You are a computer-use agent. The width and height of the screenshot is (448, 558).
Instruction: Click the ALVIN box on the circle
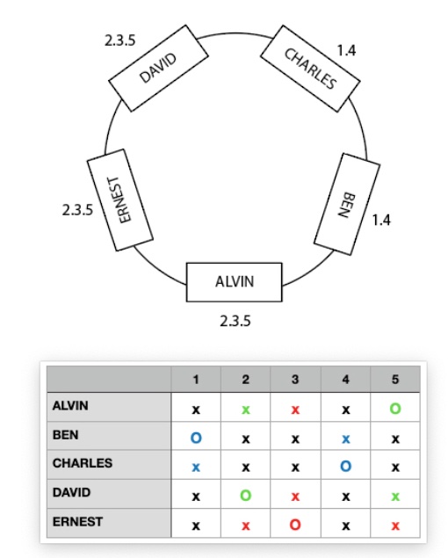click(x=235, y=282)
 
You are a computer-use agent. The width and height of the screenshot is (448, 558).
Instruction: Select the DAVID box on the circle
click(x=158, y=69)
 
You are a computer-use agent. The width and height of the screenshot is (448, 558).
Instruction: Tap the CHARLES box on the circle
click(x=310, y=69)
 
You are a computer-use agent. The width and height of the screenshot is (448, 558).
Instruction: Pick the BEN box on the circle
click(x=347, y=204)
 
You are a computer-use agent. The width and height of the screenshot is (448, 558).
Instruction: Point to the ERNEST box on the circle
click(x=120, y=200)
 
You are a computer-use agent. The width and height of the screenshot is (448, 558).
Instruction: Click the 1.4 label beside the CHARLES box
click(x=346, y=51)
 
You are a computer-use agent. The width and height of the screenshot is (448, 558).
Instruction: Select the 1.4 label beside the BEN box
click(x=381, y=221)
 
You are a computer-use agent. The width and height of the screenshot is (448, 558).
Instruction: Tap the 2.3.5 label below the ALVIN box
click(x=235, y=321)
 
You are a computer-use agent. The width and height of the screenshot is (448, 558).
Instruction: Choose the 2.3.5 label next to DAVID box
click(x=120, y=40)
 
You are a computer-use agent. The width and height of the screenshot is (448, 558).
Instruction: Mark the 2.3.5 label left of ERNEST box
click(x=77, y=210)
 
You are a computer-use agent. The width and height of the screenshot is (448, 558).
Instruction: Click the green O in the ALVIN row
click(x=395, y=409)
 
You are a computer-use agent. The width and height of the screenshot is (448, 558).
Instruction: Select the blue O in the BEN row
click(x=196, y=438)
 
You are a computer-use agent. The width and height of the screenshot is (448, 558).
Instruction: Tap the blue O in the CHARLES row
click(x=345, y=467)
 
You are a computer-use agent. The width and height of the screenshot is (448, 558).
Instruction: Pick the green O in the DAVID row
click(x=246, y=496)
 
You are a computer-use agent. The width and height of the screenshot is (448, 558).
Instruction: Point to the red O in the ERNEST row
click(x=295, y=525)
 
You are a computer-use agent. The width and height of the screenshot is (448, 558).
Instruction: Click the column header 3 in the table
click(x=295, y=380)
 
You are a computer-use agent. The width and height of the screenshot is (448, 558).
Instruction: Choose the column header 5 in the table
click(x=395, y=380)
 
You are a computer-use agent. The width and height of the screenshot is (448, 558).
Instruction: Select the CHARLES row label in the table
click(x=83, y=463)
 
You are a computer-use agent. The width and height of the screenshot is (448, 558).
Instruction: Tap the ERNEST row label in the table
click(x=78, y=522)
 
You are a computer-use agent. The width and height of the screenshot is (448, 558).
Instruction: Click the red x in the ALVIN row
click(x=295, y=410)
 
